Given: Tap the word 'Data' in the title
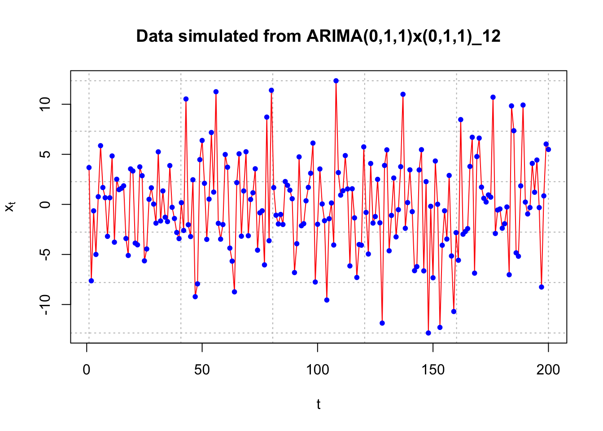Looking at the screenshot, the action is coord(154,36).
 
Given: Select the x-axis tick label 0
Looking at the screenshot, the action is coord(87,370).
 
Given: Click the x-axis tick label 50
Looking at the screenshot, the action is coord(202,370).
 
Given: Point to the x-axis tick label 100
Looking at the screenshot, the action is coord(317,370).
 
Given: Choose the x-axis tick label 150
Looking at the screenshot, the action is coord(433,370).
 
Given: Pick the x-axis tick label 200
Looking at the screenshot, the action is coord(548,370).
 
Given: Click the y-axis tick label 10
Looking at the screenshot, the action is coord(45,104).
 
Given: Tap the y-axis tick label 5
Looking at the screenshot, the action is coord(45,154).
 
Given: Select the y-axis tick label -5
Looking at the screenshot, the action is coord(45,255).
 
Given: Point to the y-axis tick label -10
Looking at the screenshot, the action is coord(45,304).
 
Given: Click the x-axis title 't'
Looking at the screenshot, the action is coord(319,405).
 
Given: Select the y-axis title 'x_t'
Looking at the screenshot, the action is coord(10,207).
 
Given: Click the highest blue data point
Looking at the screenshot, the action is coord(336,81).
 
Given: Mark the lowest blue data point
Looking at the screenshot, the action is coord(428,333).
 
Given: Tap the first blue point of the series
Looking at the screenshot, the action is coord(89,167).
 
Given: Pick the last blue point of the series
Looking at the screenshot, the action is coord(548,150).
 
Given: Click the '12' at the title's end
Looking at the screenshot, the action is coord(492,36).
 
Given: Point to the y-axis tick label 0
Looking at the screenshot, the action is coord(45,204).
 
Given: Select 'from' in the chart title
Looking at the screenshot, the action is coord(282,36).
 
